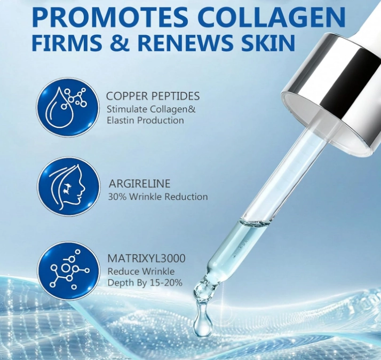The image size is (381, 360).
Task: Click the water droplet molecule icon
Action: click(x=68, y=106)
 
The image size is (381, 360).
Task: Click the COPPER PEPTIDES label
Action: click(x=153, y=96)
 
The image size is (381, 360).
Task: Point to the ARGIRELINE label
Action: click(x=139, y=184)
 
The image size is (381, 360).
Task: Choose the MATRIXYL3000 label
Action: click(x=146, y=259)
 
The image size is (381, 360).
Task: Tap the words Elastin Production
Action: click(x=145, y=120)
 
